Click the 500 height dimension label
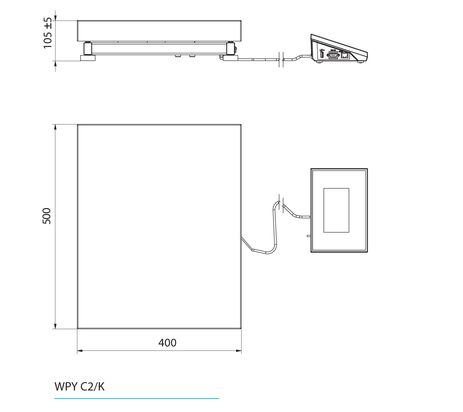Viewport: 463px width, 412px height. (x=47, y=216)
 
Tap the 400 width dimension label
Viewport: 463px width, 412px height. (x=167, y=343)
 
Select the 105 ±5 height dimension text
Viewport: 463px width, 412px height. (x=48, y=33)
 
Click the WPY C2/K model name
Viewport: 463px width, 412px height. (x=80, y=387)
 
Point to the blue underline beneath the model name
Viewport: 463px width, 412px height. (x=136, y=398)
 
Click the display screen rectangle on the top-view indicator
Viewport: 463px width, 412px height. (x=336, y=210)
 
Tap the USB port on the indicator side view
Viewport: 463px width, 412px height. (x=321, y=54)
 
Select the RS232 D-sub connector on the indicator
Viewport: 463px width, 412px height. (x=333, y=55)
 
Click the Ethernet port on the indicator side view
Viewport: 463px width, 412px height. (x=345, y=55)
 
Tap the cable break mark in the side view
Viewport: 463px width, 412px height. (x=281, y=59)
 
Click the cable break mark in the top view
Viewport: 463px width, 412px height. (x=281, y=204)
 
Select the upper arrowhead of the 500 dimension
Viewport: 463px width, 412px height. (x=55, y=127)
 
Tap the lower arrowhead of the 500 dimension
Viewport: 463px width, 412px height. (x=55, y=326)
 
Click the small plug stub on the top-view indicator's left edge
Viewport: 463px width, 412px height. (x=308, y=236)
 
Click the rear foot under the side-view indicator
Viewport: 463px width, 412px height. (x=361, y=62)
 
